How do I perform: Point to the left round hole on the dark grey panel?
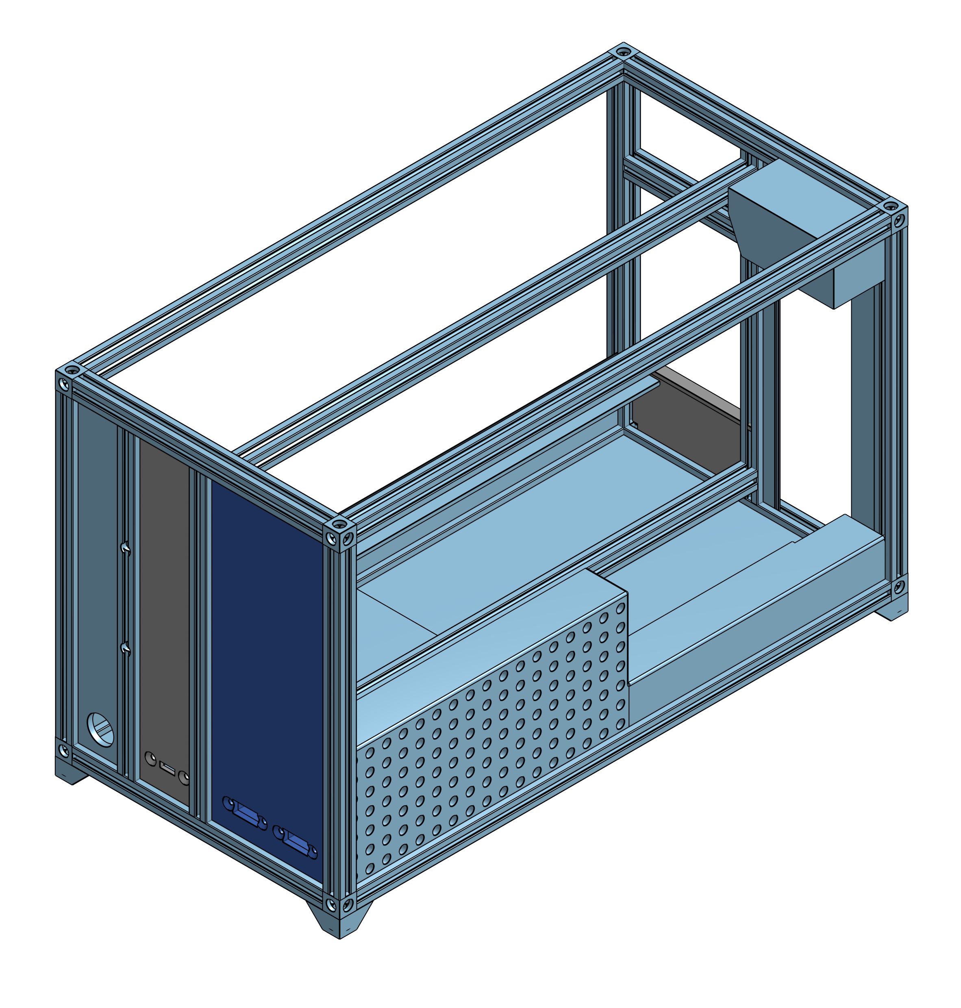150,758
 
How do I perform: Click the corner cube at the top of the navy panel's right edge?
339,536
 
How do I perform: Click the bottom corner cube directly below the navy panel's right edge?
339,904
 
